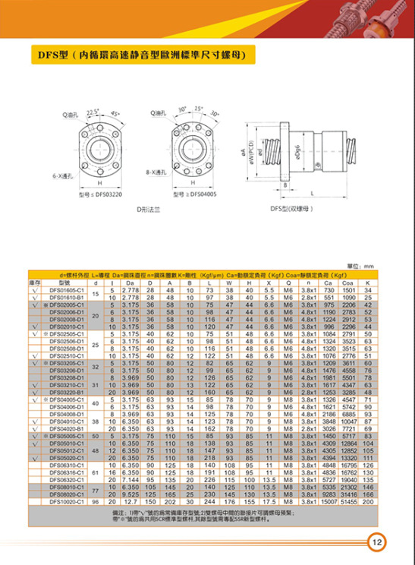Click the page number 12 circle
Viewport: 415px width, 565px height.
tap(377, 542)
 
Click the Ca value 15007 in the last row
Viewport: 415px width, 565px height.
tap(329, 501)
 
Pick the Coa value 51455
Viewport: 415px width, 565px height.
tap(349, 501)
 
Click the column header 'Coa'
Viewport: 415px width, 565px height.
tap(349, 282)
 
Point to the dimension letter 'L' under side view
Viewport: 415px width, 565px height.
tap(312, 193)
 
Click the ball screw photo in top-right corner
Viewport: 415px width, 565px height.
tap(379, 23)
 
